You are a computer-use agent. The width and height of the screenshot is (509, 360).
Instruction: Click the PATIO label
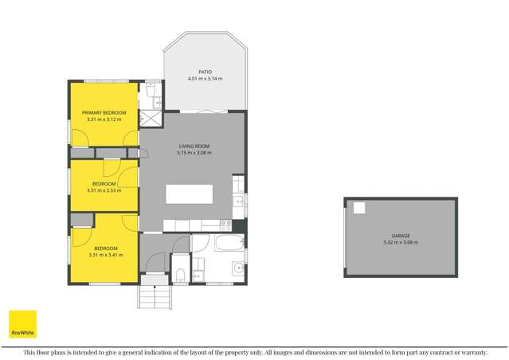(205, 72)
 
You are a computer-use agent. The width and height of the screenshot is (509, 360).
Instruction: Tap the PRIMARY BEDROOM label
(104, 113)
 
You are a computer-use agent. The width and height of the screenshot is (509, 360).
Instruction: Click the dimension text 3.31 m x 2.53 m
(104, 190)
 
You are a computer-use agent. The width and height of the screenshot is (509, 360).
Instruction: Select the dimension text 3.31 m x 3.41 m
(104, 254)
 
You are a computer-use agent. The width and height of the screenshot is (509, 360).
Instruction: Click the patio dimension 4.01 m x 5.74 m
(205, 78)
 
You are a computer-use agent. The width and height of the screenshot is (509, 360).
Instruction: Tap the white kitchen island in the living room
(189, 194)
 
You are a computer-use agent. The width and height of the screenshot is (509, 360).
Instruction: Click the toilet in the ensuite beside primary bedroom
(151, 92)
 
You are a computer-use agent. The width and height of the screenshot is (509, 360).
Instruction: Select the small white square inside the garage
(359, 208)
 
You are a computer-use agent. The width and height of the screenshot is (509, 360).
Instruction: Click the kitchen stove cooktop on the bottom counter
(225, 224)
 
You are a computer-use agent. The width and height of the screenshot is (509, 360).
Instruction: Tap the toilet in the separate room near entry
(181, 276)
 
